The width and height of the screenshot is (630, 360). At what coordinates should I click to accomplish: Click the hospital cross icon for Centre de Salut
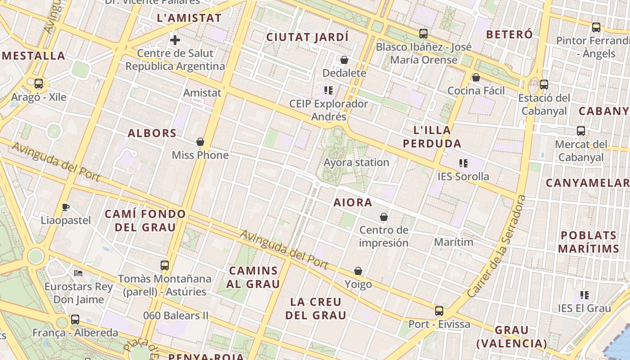point(175,40)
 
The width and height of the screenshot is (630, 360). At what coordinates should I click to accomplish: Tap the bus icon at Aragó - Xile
point(39,83)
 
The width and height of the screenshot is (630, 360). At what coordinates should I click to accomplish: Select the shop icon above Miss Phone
point(200,142)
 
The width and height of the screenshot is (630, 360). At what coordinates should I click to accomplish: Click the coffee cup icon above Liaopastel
point(66,207)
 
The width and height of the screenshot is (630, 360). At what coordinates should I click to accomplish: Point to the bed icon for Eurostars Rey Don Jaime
point(78,273)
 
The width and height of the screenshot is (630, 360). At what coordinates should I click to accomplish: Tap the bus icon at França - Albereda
point(75,319)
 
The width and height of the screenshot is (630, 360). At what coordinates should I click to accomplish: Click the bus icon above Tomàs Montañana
point(165,265)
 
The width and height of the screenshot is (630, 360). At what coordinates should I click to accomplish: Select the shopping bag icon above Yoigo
point(358,271)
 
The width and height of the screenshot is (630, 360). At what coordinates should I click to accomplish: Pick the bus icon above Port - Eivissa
point(439,310)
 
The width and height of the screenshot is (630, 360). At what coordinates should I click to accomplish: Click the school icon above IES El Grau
point(584,295)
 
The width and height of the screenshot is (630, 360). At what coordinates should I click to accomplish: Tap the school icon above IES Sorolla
point(463,163)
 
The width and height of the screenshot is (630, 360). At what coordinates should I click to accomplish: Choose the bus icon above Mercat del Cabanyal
point(581,131)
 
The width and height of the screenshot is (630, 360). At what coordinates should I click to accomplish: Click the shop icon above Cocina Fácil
point(476,77)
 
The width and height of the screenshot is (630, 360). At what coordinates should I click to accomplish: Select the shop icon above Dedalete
point(344,59)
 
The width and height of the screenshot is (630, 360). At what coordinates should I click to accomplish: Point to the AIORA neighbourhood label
point(353,202)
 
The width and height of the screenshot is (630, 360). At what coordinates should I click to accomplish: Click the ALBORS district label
point(152,133)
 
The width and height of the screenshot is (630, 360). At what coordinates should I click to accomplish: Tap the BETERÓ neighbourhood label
point(509,34)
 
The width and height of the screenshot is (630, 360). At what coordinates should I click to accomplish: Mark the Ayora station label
point(356,162)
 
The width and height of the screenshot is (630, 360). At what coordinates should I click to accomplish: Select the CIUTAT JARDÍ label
point(307,37)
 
